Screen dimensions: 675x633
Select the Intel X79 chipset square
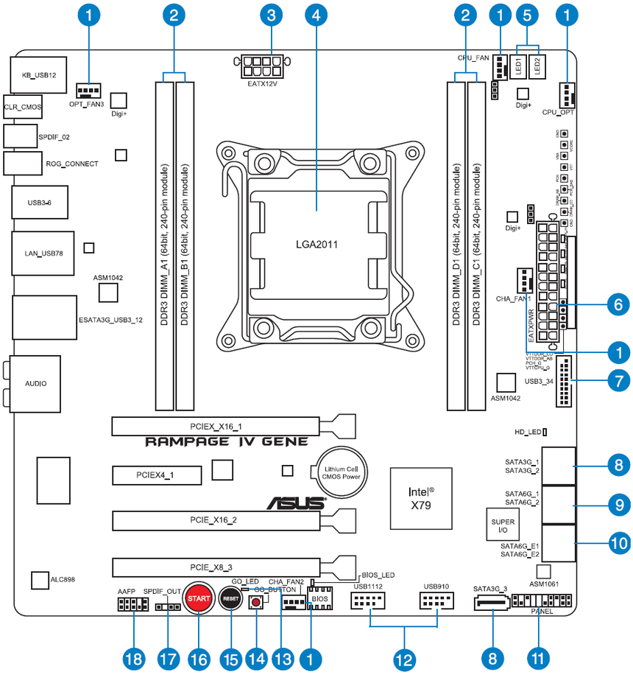(x=420, y=497)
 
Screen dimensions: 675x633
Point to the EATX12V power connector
(x=261, y=67)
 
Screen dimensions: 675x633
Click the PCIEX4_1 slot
(x=156, y=475)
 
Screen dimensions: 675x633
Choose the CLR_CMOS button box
(x=22, y=108)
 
